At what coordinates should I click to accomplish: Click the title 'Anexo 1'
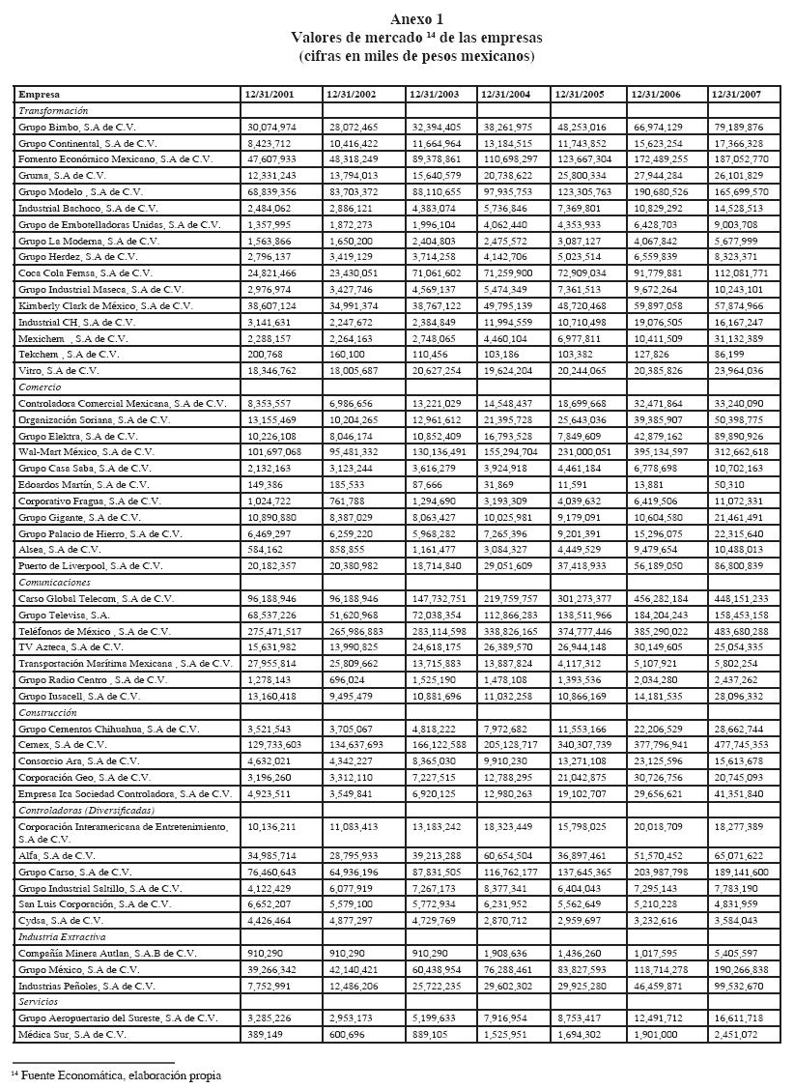(416, 19)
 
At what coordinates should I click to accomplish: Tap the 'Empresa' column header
(40, 95)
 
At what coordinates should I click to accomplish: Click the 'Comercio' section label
(40, 386)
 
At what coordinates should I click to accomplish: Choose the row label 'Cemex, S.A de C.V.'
(63, 745)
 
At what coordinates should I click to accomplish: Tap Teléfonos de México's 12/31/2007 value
(741, 631)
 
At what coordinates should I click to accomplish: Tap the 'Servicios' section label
(41, 1002)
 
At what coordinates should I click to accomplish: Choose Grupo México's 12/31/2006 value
(663, 969)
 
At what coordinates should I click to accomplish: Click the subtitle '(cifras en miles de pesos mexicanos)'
(416, 56)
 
